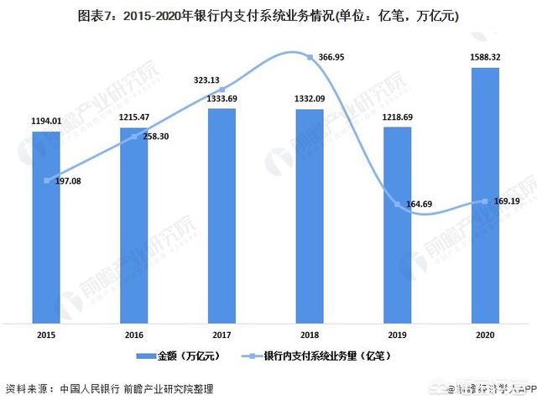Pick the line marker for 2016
[x=133, y=137]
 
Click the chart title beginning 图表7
[x=268, y=15]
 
